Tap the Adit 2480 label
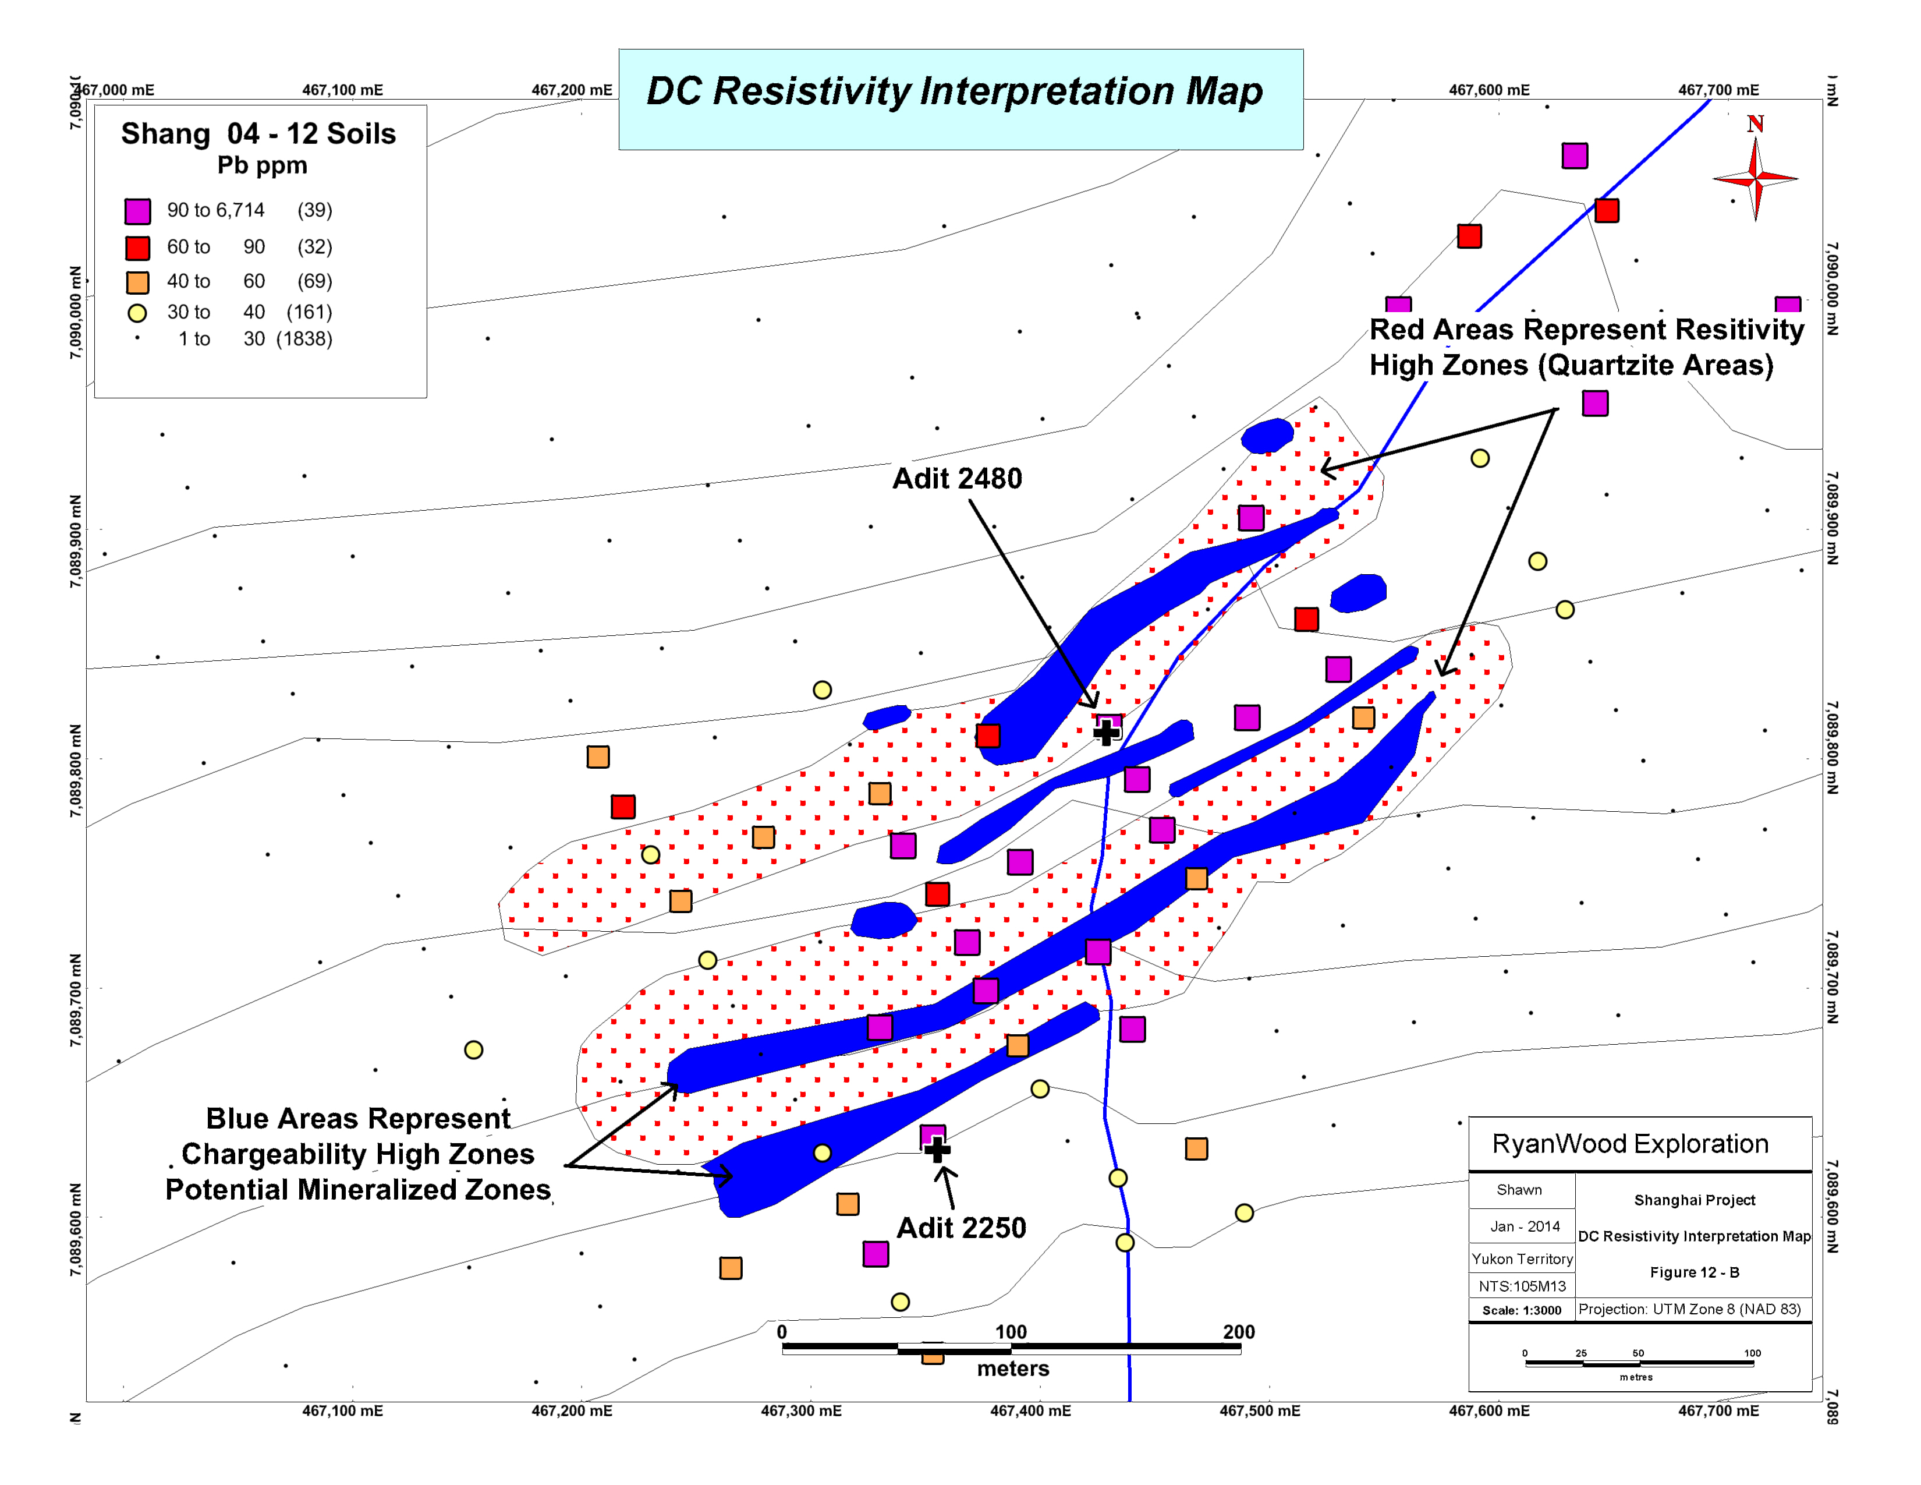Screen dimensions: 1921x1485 [x=957, y=479]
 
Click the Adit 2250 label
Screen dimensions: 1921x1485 [x=962, y=1227]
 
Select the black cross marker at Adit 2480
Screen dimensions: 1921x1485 [x=1105, y=731]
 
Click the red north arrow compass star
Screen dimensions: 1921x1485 [x=1755, y=179]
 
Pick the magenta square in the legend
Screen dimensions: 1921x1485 [x=137, y=211]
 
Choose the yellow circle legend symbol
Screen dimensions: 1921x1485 [x=137, y=312]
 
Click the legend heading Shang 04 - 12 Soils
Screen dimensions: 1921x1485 [x=258, y=134]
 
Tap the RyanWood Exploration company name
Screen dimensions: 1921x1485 [x=1630, y=1144]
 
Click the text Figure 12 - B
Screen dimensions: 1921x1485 [x=1694, y=1272]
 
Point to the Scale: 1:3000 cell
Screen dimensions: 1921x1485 [x=1522, y=1310]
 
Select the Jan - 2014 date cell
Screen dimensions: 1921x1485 [x=1525, y=1226]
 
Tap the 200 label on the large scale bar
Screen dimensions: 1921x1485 [x=1238, y=1332]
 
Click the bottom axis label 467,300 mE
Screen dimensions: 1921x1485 [x=800, y=1411]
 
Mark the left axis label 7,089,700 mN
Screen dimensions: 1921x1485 [x=76, y=1000]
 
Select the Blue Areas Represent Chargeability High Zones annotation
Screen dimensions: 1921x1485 [x=358, y=1153]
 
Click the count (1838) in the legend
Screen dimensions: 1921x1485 [x=304, y=340]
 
